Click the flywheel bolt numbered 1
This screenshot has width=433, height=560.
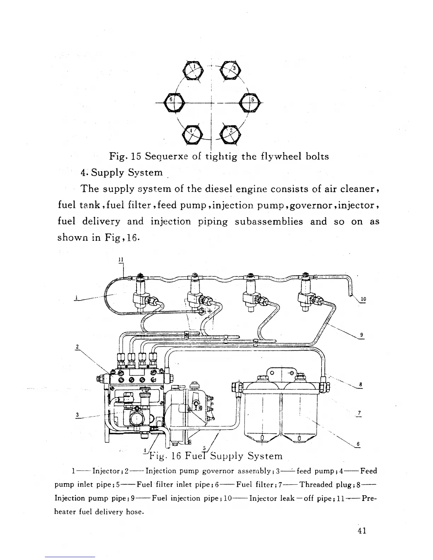click(192, 69)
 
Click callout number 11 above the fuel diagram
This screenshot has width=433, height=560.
click(120, 259)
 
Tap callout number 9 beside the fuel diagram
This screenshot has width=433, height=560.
click(361, 335)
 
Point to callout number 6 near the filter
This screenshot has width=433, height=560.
click(358, 444)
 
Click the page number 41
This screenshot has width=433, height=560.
click(362, 531)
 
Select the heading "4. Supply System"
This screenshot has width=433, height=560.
click(121, 173)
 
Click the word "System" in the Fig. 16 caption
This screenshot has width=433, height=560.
click(265, 456)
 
